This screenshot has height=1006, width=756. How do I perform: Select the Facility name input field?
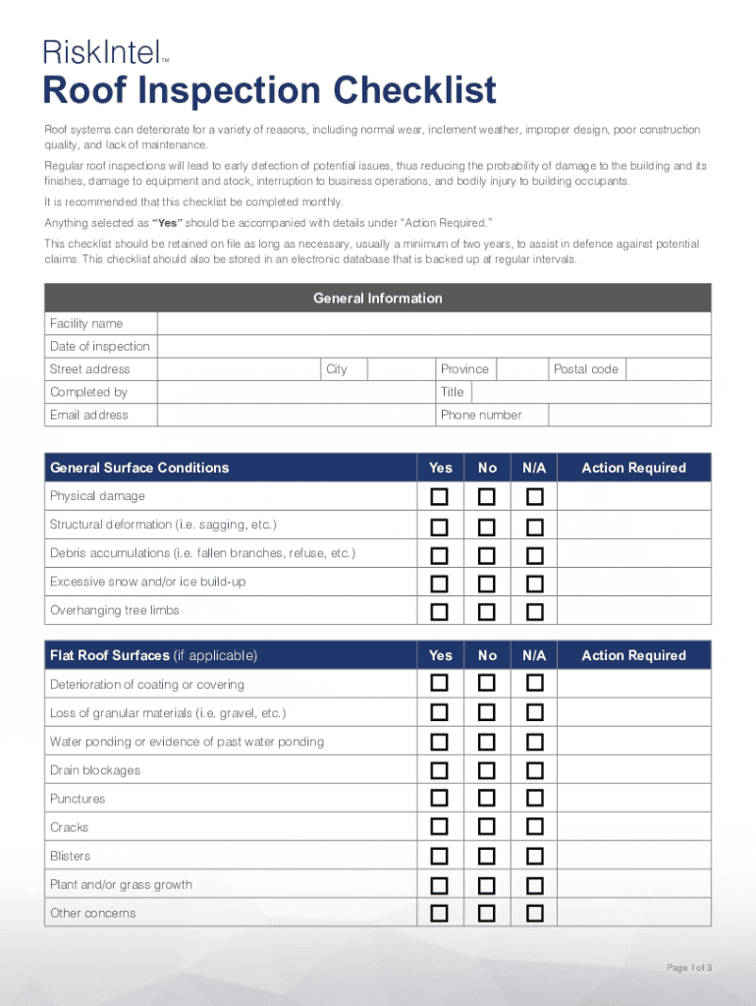tap(434, 324)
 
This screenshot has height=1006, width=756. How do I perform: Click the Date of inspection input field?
tap(434, 347)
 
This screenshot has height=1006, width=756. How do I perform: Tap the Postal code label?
tap(585, 369)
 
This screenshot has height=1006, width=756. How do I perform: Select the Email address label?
tap(89, 416)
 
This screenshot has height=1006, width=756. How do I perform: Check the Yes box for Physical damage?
tap(440, 496)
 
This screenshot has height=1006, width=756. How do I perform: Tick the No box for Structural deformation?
tap(487, 525)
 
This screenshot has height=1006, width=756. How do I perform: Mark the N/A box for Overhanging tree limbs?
tap(534, 611)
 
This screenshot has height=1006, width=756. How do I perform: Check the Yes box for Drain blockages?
tap(440, 770)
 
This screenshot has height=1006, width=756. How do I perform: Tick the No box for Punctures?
tap(487, 799)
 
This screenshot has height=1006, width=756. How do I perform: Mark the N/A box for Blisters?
tap(534, 856)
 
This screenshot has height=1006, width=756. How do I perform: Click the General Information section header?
tap(377, 299)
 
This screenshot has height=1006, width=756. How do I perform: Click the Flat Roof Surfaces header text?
tap(153, 655)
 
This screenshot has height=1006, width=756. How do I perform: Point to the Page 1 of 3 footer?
tap(688, 969)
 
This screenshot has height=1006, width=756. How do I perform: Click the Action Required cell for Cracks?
tap(633, 827)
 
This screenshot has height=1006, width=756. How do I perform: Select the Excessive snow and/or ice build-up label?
tap(147, 583)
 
